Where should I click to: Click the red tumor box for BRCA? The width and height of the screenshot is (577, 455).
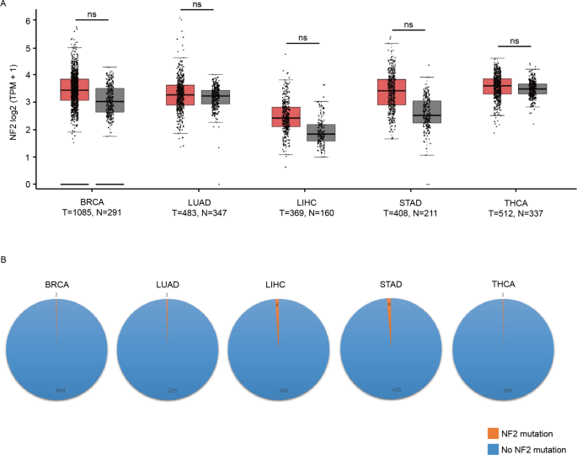pyautogui.click(x=74, y=89)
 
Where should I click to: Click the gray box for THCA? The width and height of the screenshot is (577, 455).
pyautogui.click(x=532, y=88)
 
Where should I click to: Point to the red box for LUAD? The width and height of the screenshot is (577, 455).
pyautogui.click(x=179, y=94)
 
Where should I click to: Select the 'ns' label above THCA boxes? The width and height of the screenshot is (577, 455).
pyautogui.click(x=514, y=40)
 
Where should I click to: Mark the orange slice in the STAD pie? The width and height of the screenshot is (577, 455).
pyautogui.click(x=389, y=308)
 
